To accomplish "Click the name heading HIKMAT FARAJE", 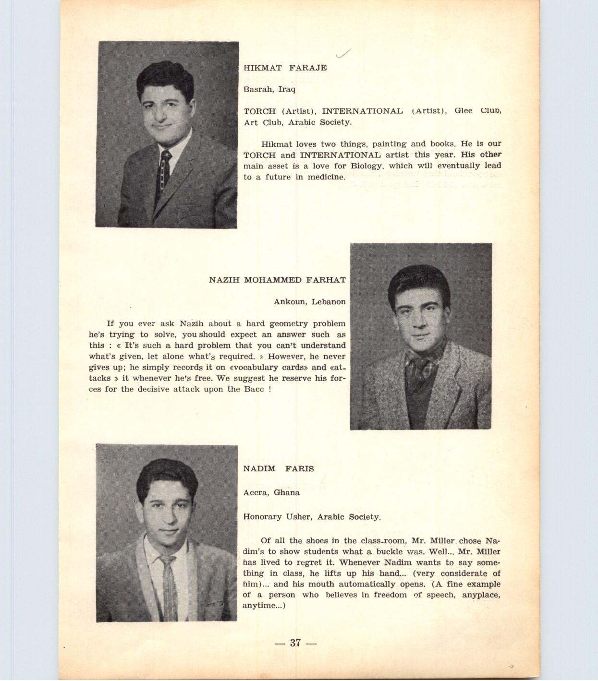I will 285,68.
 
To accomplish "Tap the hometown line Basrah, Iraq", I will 269,89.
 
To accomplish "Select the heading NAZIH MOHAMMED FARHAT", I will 277,280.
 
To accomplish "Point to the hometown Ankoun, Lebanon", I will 309,302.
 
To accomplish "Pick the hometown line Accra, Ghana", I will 271,492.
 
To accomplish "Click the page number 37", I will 295,643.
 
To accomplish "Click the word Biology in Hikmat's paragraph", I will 366,166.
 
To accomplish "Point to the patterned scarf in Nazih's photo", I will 418,367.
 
